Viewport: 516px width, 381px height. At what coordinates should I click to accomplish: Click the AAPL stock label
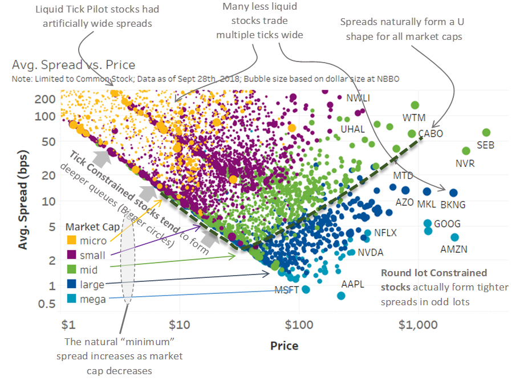(x=352, y=284)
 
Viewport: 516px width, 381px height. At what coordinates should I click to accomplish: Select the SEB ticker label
(x=485, y=145)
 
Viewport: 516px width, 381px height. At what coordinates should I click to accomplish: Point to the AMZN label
(x=454, y=249)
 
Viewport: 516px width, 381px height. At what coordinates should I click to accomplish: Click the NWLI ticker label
(x=358, y=98)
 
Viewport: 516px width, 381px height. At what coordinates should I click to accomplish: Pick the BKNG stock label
(x=453, y=204)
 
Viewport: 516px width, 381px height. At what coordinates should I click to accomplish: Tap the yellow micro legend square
(x=72, y=240)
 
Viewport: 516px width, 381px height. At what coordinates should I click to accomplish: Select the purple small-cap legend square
(x=72, y=255)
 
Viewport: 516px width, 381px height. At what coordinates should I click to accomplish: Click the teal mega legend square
(x=72, y=298)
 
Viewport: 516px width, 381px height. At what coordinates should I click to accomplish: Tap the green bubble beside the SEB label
(x=486, y=133)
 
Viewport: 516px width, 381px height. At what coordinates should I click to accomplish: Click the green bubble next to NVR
(x=466, y=151)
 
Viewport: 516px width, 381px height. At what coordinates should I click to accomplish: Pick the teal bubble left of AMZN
(x=454, y=237)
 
